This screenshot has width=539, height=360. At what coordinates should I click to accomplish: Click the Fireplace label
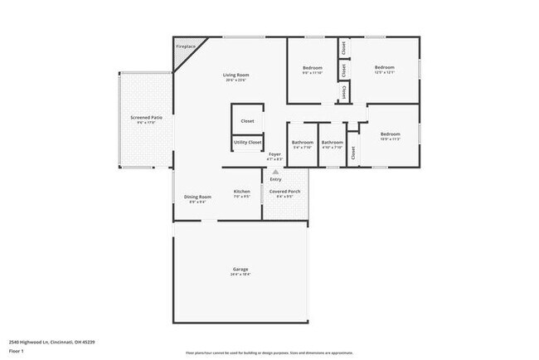pos(185,46)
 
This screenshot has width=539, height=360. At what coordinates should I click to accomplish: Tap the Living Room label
pos(236,75)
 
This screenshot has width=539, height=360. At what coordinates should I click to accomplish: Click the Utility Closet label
pos(247,143)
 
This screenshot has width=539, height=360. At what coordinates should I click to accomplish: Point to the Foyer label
pos(274,154)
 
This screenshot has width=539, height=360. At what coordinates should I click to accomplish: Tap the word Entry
pos(275,179)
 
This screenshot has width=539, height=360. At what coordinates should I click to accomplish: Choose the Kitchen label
pos(241,192)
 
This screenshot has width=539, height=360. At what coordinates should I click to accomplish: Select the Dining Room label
pos(197,197)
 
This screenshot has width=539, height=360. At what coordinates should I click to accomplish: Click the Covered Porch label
pos(285,192)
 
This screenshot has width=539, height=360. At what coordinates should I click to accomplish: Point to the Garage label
pos(240,270)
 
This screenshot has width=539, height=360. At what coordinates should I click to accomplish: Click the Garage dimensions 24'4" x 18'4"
pos(240,275)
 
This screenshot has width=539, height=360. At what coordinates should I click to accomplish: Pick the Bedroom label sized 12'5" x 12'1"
pos(384,67)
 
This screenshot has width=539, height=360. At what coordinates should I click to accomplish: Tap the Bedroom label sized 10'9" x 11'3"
pos(391,134)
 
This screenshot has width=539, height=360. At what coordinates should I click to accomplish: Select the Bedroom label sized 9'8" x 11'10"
pos(313,67)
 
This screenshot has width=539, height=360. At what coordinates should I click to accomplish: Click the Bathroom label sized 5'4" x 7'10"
pos(302,142)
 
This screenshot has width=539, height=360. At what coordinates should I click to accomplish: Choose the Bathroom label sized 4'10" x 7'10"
pos(333,142)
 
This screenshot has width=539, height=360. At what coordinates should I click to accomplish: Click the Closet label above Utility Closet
pos(247,121)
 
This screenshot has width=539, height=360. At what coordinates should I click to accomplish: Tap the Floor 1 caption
pos(17,351)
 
